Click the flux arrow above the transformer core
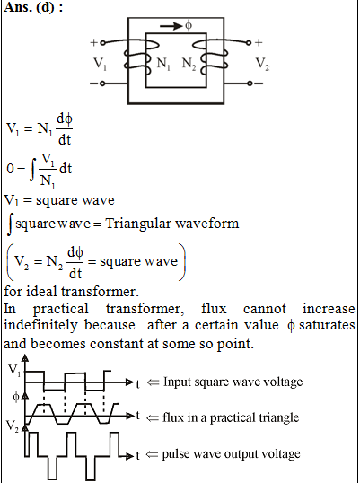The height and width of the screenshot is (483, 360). pos(171,26)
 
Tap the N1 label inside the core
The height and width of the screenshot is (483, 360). pos(163,64)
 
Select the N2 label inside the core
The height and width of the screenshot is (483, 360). pos(189,64)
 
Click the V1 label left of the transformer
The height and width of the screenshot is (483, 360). pos(100,64)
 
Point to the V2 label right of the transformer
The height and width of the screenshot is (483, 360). pos(262,64)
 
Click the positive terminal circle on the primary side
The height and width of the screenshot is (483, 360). pos(103,43)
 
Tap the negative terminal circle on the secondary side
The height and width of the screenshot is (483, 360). pos(250,83)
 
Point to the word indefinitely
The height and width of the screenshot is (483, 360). pos(40,325)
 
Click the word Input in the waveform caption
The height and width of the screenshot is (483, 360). pos(173,382)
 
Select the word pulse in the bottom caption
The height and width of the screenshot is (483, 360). pos(173,454)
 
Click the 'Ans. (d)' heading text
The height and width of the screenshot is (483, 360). pos(33,7)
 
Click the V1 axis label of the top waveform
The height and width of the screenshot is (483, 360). pos(14,370)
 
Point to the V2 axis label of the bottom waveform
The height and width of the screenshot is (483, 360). pos(13,426)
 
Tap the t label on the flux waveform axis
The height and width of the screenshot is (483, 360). pos(138,416)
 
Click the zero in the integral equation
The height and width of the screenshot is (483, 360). pos(11,169)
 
